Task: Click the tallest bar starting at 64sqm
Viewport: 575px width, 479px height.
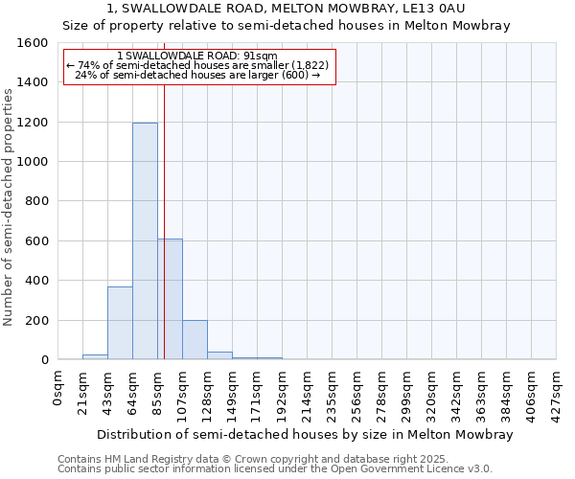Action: point(145,240)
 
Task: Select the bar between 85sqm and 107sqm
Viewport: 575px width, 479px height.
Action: point(170,299)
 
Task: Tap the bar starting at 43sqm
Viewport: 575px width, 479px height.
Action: point(120,323)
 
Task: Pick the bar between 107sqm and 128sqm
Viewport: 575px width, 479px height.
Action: point(195,340)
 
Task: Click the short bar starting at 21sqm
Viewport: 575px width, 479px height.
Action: point(95,356)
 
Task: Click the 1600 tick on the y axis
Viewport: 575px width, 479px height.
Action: point(34,43)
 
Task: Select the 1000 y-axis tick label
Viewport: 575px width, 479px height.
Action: point(34,162)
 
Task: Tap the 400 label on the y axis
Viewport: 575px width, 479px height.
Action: point(37,281)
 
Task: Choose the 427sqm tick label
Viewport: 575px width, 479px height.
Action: point(557,390)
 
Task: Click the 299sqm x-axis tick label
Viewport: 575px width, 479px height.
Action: point(407,390)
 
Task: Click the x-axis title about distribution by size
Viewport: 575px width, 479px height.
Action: point(305,434)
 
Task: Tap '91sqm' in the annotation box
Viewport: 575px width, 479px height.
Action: point(260,56)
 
